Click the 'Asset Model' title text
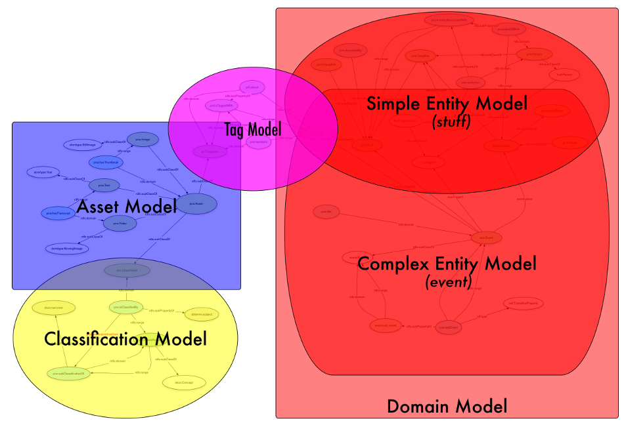click(x=127, y=207)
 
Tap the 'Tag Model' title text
click(x=252, y=129)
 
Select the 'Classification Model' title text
click(x=125, y=339)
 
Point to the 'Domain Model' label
click(x=447, y=406)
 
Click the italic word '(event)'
click(x=449, y=282)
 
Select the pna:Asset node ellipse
click(x=196, y=203)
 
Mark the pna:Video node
click(x=120, y=224)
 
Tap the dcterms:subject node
click(x=201, y=314)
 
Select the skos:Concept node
click(x=182, y=382)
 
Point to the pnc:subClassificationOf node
click(x=66, y=373)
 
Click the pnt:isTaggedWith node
click(x=223, y=105)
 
